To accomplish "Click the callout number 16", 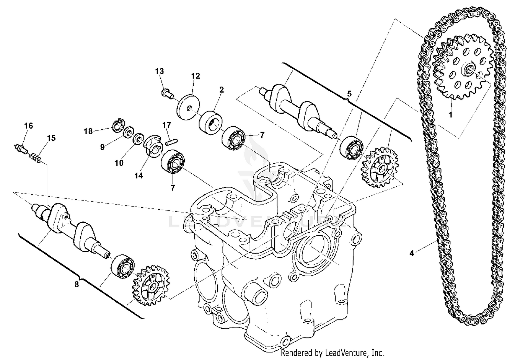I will point(28,126).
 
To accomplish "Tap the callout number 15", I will point(51,138).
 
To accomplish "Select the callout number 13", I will point(159,71).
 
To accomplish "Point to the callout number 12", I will point(195,76).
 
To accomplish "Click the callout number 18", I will point(88,131).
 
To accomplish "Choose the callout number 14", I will point(138,175).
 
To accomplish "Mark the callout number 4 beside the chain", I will point(412,253).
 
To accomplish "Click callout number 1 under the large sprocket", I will point(451,115).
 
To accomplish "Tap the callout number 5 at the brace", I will point(349,93).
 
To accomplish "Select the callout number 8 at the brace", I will point(76,284).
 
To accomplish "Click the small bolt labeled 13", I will point(167,93).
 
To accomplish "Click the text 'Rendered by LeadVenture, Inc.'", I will point(332,353).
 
